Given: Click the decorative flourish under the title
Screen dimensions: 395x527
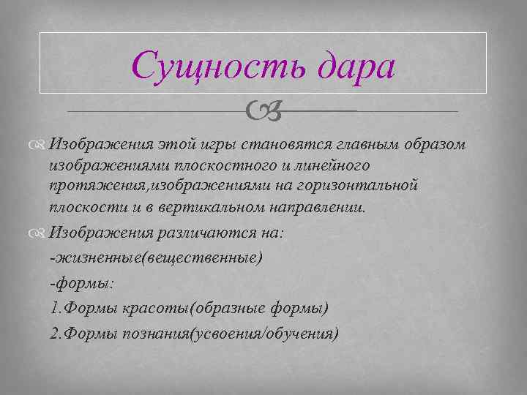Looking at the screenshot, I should coord(263,111).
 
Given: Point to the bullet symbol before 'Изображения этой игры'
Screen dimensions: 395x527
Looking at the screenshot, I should coord(40,145).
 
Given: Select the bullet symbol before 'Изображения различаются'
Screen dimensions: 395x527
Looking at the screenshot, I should coord(40,233).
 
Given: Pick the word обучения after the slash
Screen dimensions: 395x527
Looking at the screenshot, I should coord(300,334).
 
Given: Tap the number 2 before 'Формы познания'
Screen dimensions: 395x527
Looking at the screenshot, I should coord(53,334).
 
